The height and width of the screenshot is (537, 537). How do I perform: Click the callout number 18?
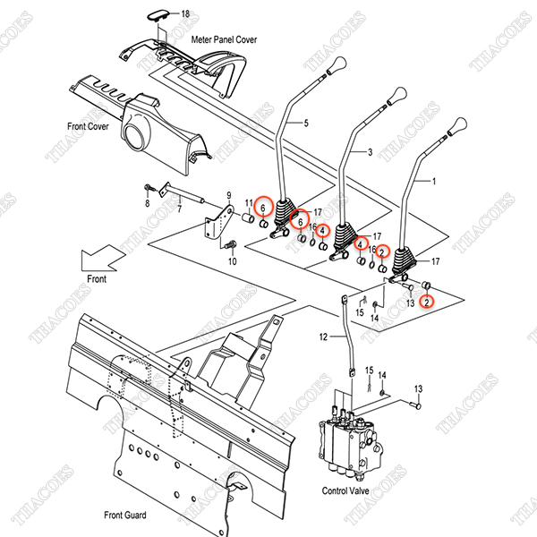(186, 14)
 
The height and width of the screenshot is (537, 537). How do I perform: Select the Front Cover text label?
(86, 127)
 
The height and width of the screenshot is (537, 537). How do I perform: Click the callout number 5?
(306, 122)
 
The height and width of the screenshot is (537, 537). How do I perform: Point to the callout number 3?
(370, 152)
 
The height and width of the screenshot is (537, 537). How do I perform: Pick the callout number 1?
(435, 181)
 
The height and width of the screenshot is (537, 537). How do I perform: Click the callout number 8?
(148, 205)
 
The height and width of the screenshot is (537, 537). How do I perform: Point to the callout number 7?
(179, 210)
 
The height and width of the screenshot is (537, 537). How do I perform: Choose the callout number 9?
(229, 195)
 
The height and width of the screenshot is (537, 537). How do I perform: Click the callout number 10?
(233, 261)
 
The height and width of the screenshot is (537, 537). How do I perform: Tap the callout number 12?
(324, 337)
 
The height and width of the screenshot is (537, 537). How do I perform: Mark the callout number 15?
(359, 312)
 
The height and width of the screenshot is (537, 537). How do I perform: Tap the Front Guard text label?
(124, 514)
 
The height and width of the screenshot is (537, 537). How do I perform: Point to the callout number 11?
(250, 204)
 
